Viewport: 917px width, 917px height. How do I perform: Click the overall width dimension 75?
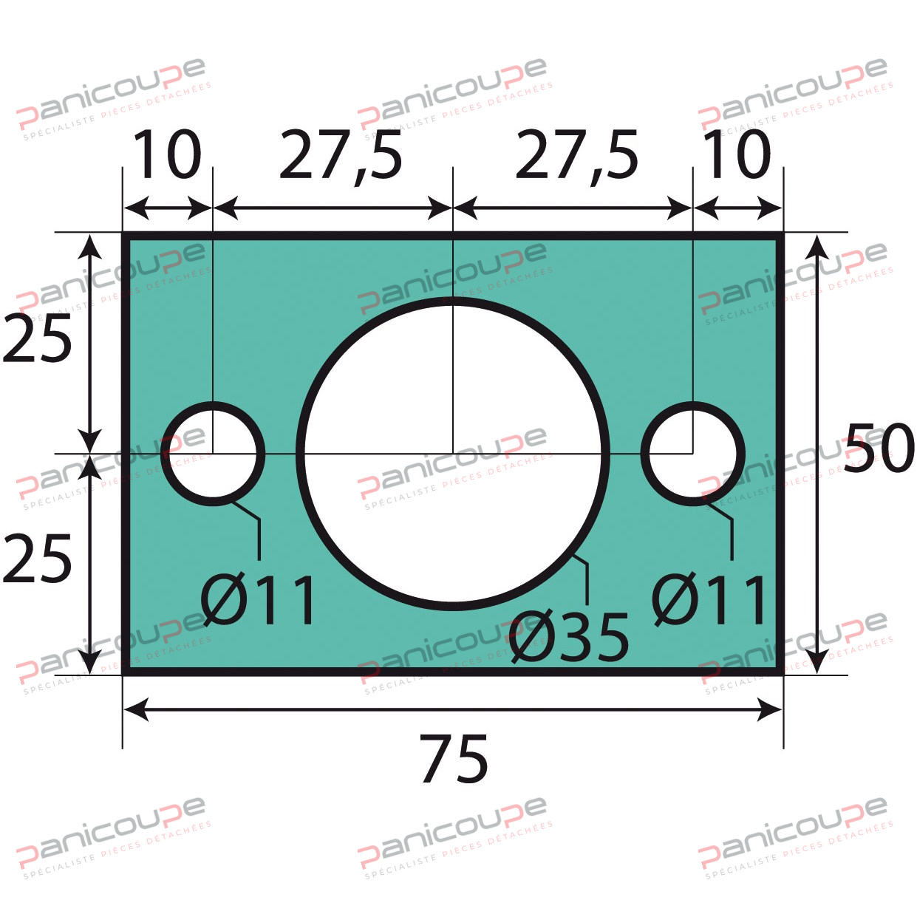coord(454,759)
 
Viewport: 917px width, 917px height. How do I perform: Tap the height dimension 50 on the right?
coord(879,448)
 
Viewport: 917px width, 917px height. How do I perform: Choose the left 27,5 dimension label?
coord(341,156)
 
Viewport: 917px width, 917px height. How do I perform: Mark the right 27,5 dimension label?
coord(576,156)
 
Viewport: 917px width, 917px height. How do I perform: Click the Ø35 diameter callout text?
coord(569,637)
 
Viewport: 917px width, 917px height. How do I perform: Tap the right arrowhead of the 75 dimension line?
coord(771,710)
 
